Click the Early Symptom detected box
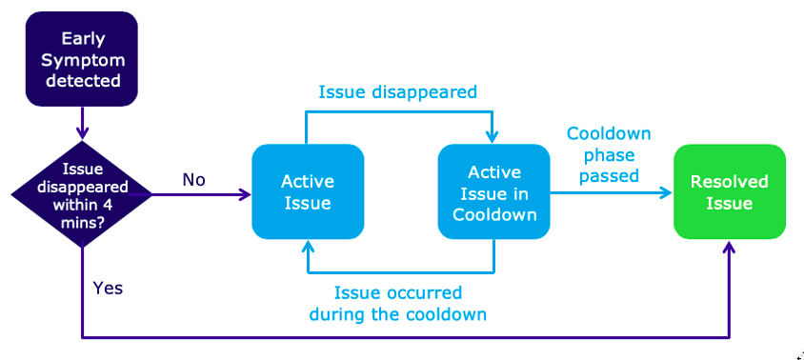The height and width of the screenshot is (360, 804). coord(82,59)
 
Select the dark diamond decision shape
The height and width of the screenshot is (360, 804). coord(82,194)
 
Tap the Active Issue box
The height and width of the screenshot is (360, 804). coord(308,191)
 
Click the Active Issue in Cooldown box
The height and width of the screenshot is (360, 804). coord(494,191)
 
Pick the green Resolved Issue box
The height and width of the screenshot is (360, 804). coord(730,191)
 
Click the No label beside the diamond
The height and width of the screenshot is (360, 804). coord(193,180)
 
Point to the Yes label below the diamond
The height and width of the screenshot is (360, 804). coord(108,289)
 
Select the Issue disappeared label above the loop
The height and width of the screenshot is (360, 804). coord(398,92)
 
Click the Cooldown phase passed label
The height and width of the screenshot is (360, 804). coord(609,154)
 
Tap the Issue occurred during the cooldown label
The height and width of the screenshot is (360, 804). coord(398,303)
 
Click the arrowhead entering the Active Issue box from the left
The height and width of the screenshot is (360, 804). coord(246,194)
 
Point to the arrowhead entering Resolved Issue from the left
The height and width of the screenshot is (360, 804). coord(667,192)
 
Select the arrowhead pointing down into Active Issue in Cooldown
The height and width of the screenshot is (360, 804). coord(492,137)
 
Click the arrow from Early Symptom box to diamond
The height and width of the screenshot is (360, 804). coord(82,124)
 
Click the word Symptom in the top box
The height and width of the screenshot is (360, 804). coord(83,60)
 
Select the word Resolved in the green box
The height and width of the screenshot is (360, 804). coord(729,182)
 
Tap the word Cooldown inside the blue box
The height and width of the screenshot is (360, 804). coord(494,214)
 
